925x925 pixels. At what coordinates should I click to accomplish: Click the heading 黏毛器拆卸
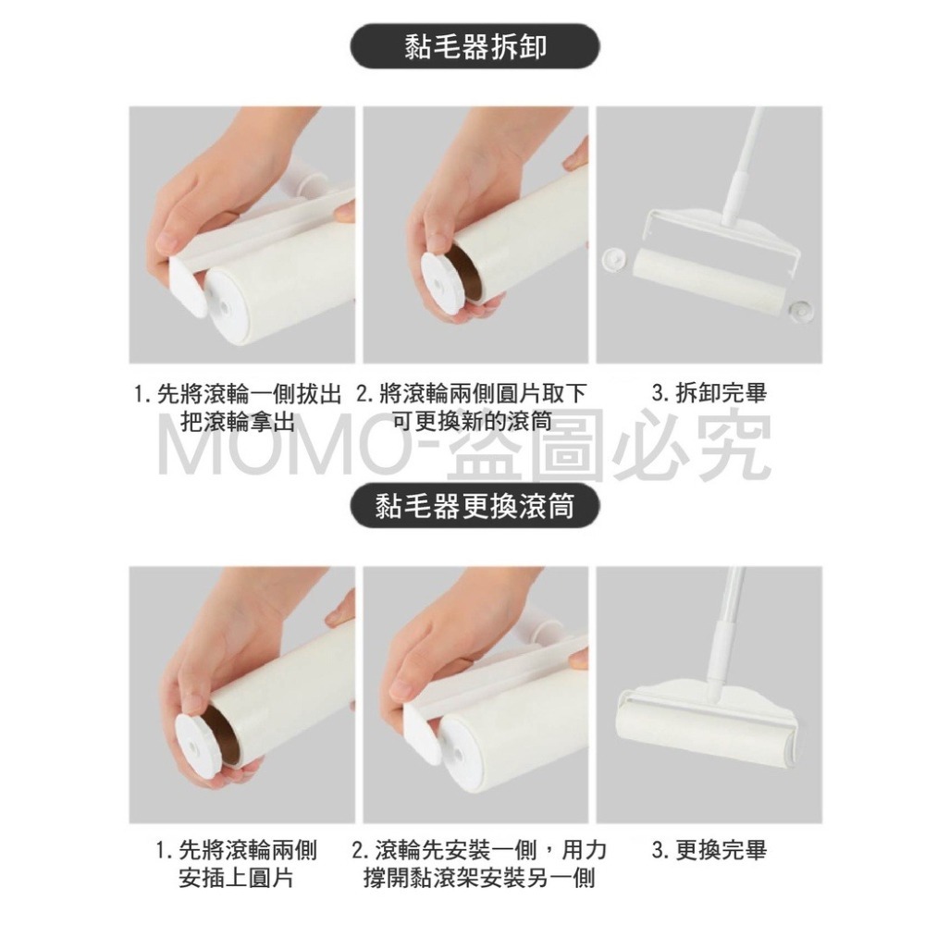[475, 46]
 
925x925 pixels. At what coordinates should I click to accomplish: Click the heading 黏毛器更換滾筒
[475, 506]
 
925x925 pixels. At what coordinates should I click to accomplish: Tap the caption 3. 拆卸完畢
[709, 393]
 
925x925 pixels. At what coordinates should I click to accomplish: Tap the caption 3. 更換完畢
[709, 851]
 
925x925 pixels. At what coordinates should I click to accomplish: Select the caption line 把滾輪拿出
[237, 421]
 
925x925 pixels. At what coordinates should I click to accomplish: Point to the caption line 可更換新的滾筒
[473, 421]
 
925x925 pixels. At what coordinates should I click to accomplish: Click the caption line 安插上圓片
[236, 879]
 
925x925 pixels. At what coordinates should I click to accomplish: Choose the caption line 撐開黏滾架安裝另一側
[479, 879]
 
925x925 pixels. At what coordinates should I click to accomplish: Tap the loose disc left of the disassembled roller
[616, 259]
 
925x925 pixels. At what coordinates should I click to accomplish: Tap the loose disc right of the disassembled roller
[800, 308]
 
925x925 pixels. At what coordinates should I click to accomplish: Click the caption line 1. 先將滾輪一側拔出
[238, 393]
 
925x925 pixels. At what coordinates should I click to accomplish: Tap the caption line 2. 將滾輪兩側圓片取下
[471, 393]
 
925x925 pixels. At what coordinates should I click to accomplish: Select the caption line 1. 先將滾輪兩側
[236, 851]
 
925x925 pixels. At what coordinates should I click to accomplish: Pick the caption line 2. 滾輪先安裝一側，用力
[478, 851]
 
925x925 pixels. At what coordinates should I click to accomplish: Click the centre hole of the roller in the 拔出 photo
[226, 307]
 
